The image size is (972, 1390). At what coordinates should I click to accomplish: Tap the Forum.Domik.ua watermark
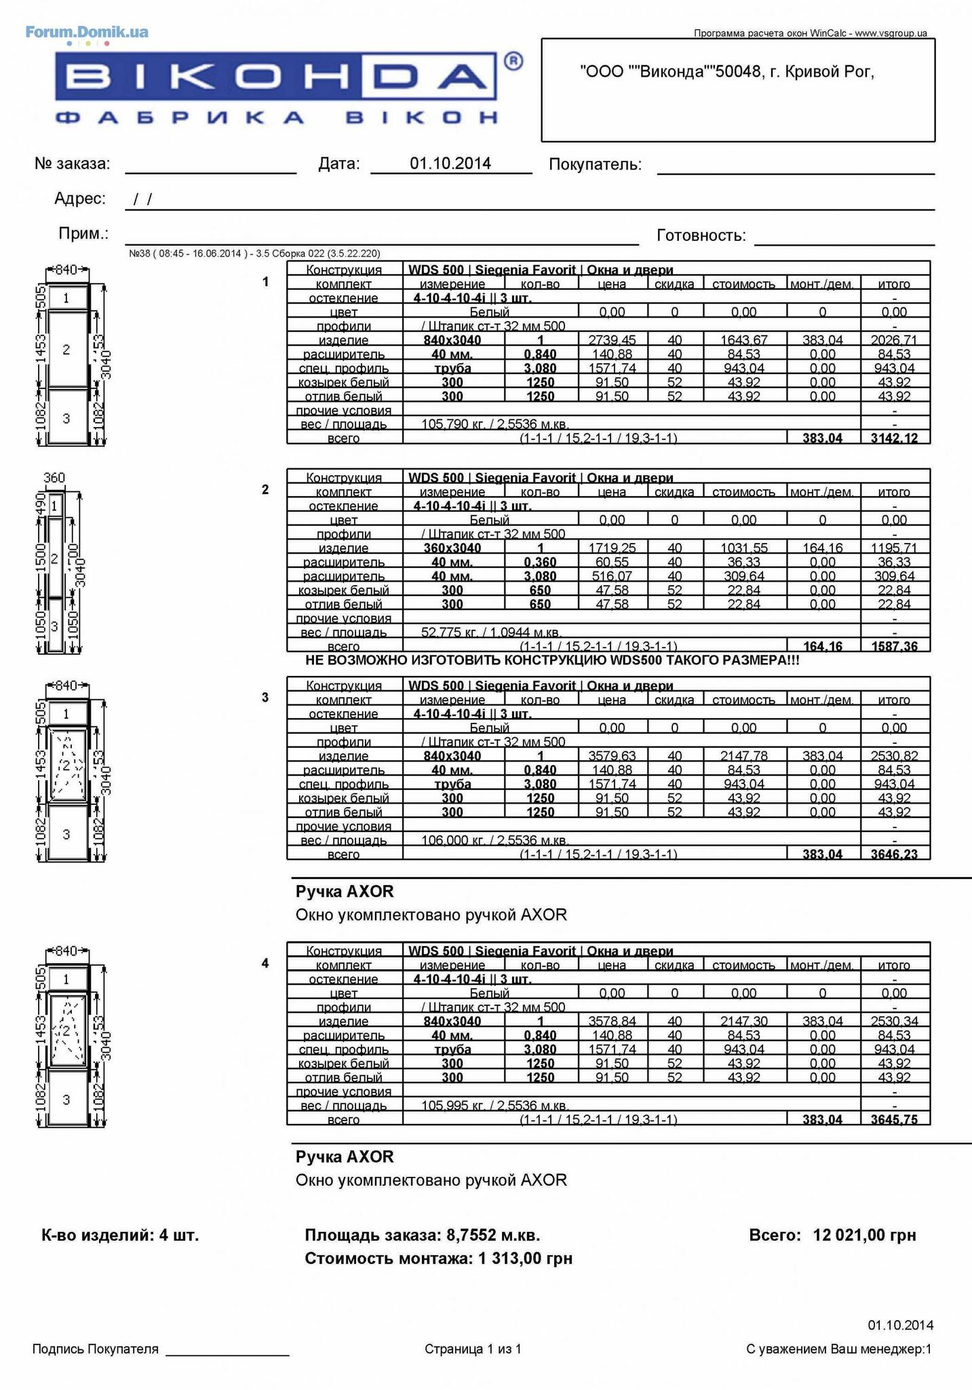(87, 32)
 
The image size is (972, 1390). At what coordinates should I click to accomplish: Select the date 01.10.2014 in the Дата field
(450, 163)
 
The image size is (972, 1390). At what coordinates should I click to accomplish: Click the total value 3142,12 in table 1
(894, 438)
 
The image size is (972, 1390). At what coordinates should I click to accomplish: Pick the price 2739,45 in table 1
(612, 340)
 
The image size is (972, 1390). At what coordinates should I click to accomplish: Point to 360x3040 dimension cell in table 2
(452, 548)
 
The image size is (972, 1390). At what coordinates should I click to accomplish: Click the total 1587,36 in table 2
(894, 646)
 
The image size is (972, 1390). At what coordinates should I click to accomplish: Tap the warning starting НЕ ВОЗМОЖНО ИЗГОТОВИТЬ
(552, 660)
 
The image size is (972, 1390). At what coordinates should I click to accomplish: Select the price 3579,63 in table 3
(612, 756)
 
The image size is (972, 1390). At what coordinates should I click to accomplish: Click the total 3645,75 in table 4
(894, 1119)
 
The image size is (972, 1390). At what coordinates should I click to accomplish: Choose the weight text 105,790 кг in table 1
(451, 424)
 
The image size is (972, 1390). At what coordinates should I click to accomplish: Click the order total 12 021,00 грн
(864, 1235)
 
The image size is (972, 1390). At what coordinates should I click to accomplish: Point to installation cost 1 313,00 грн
(525, 1258)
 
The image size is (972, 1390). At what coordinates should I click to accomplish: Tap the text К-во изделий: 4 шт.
(120, 1235)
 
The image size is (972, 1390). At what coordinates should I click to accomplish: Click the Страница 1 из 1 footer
(473, 1349)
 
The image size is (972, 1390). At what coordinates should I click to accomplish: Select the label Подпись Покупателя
(95, 1349)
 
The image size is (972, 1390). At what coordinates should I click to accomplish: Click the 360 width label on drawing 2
(54, 478)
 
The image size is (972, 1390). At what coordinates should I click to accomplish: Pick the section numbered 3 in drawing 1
(66, 418)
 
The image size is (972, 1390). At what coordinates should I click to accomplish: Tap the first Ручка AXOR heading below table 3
(345, 891)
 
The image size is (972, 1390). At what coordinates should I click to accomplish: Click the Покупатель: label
(595, 164)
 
